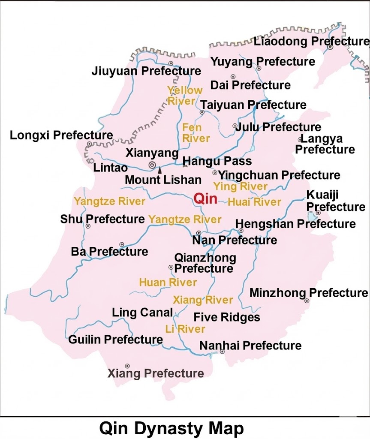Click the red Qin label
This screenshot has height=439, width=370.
(205, 198)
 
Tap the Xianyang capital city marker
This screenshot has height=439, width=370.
(152, 165)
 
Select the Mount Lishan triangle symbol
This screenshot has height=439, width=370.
(160, 170)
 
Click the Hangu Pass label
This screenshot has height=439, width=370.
(217, 161)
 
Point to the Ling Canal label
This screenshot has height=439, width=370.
(142, 313)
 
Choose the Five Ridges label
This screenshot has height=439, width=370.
(227, 317)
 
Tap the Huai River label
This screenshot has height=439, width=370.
(254, 202)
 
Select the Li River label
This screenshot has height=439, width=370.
(185, 329)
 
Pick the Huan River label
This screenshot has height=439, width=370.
(168, 283)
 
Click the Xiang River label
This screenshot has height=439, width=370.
(203, 300)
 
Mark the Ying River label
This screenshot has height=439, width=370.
(241, 186)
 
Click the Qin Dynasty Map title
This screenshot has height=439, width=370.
(171, 428)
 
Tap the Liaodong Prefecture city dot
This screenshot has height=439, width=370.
(331, 47)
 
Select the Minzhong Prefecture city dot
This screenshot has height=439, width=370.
(307, 301)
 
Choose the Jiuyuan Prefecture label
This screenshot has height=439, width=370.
(146, 71)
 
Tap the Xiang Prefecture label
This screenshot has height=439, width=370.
(156, 373)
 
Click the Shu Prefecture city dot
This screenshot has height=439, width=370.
(88, 226)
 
